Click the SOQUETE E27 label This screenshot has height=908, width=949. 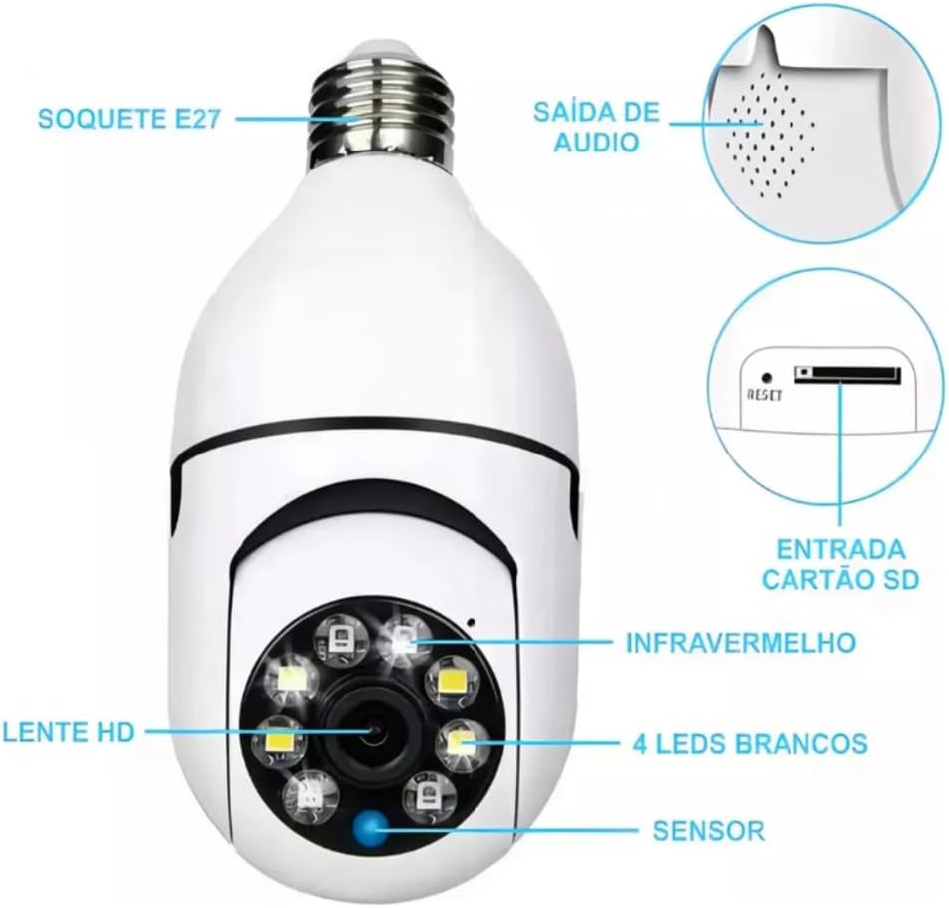[x=129, y=118]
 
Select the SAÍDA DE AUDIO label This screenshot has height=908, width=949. [x=596, y=127]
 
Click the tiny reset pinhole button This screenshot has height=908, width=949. [x=767, y=378]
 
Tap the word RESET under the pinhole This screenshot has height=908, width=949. [x=765, y=395]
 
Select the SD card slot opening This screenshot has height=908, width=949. [x=848, y=375]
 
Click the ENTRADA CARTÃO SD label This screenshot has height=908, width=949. [x=840, y=564]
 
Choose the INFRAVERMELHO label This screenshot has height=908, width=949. [x=742, y=642]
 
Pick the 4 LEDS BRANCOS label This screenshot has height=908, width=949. [x=750, y=743]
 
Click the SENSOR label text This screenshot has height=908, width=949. [x=708, y=830]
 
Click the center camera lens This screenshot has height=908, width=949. [x=372, y=733]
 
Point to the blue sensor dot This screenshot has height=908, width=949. [x=371, y=827]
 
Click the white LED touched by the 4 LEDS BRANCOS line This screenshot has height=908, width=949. [x=462, y=743]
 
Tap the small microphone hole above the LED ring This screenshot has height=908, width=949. [x=471, y=622]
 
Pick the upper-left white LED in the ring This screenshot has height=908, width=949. [x=293, y=680]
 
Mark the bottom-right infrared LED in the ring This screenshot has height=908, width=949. [x=428, y=795]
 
